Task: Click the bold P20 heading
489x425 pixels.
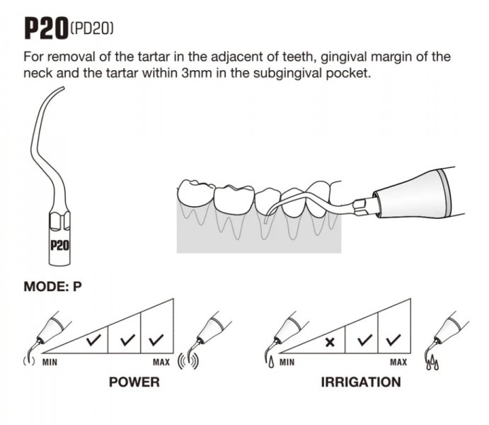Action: (46, 28)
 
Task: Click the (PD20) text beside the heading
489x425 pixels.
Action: (92, 29)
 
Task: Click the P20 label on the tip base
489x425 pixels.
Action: (59, 246)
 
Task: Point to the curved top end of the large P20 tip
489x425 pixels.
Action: (63, 89)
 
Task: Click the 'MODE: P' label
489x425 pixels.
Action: (52, 286)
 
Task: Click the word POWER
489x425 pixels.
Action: (134, 382)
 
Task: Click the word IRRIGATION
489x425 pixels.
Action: (361, 382)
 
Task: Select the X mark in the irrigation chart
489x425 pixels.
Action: (330, 342)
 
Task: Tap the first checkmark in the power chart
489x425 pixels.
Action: (93, 340)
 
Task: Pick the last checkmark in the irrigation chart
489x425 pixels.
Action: (393, 340)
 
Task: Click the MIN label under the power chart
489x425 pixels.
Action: (50, 362)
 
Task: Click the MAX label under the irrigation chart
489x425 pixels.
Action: (398, 362)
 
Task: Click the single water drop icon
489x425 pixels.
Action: (271, 362)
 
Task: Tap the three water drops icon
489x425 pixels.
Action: (432, 363)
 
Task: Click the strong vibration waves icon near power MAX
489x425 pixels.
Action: (188, 361)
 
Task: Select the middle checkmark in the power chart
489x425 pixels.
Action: (127, 340)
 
